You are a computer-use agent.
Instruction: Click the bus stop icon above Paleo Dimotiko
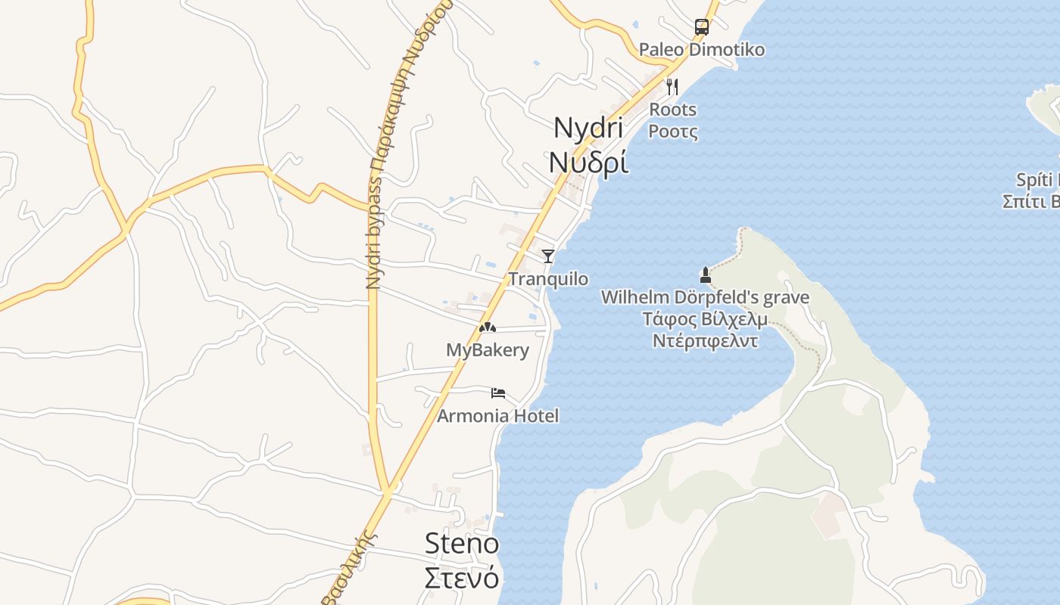pyautogui.click(x=702, y=27)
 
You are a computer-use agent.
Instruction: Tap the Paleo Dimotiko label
pyautogui.click(x=701, y=50)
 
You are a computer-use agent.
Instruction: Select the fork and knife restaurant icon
pyautogui.click(x=672, y=86)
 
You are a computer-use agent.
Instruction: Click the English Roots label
pyautogui.click(x=672, y=110)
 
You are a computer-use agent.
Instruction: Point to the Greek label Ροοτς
pyautogui.click(x=672, y=132)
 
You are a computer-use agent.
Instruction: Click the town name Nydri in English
pyautogui.click(x=588, y=128)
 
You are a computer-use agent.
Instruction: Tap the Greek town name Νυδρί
pyautogui.click(x=588, y=161)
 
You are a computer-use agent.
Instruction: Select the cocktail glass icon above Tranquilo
pyautogui.click(x=548, y=256)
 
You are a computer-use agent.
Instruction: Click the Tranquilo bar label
pyautogui.click(x=548, y=279)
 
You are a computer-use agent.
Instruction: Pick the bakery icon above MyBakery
pyautogui.click(x=488, y=327)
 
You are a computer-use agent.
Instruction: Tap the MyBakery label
pyautogui.click(x=488, y=350)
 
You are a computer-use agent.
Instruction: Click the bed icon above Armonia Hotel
pyautogui.click(x=498, y=392)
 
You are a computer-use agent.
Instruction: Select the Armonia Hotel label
pyautogui.click(x=498, y=416)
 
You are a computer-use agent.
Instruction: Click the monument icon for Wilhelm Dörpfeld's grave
pyautogui.click(x=706, y=275)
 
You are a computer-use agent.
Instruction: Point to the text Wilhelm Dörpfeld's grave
pyautogui.click(x=705, y=297)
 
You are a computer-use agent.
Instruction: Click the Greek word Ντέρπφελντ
pyautogui.click(x=705, y=340)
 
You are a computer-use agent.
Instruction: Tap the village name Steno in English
pyautogui.click(x=462, y=543)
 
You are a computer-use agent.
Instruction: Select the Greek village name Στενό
pyautogui.click(x=462, y=577)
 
